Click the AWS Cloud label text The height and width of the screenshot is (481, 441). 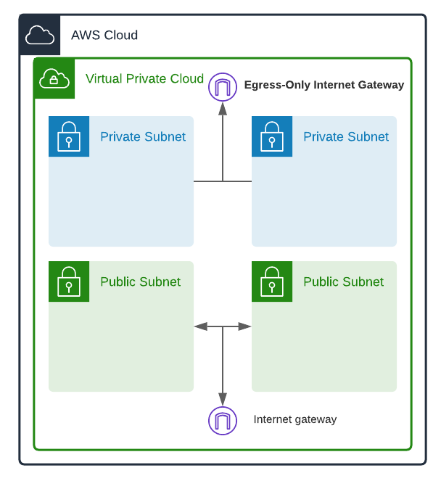click(x=104, y=35)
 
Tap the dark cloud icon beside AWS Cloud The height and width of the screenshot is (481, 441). click(x=40, y=35)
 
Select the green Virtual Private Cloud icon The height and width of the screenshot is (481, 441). click(x=54, y=78)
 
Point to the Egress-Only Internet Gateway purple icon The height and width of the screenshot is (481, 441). click(x=223, y=87)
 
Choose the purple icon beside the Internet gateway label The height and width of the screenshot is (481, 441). click(x=223, y=420)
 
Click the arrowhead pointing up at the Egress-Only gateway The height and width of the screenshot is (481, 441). click(x=223, y=109)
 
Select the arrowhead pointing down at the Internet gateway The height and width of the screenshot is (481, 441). click(x=223, y=399)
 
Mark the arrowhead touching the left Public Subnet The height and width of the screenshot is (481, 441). click(x=201, y=326)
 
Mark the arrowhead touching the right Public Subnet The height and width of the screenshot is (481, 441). click(x=244, y=326)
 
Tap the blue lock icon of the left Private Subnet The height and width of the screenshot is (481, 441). click(x=69, y=136)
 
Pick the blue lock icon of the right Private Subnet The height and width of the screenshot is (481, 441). click(x=272, y=136)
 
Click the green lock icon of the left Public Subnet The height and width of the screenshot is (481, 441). click(x=69, y=281)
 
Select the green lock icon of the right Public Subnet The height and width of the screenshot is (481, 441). click(x=272, y=281)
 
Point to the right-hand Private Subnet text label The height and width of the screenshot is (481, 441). click(x=345, y=136)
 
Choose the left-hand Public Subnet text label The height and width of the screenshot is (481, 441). click(x=140, y=281)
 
